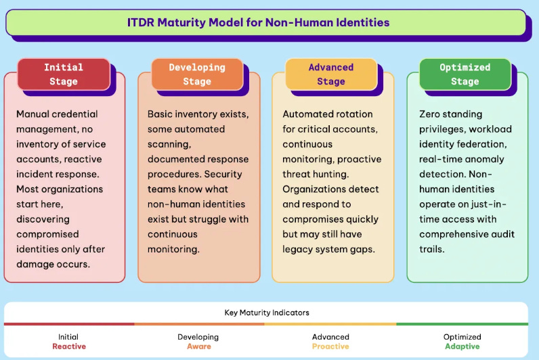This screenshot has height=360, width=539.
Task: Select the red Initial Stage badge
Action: tap(63, 74)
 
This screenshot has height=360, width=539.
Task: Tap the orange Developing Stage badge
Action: tap(196, 74)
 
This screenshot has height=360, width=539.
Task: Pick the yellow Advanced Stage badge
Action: tap(330, 74)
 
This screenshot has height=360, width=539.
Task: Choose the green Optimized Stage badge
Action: tap(465, 74)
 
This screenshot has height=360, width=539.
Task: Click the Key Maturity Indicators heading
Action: tap(266, 313)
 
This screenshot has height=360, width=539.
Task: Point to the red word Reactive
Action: tap(68, 346)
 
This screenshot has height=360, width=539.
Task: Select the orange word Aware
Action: tap(198, 346)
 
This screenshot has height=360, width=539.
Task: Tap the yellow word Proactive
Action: tap(330, 346)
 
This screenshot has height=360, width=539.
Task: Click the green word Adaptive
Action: tap(462, 346)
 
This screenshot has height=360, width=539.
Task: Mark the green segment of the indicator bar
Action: tap(462, 324)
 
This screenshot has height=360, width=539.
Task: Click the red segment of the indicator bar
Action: tap(69, 324)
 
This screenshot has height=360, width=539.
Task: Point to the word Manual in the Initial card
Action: tap(33, 114)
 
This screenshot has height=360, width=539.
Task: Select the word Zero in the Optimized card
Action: tap(431, 114)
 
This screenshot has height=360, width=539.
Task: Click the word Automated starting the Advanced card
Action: tap(308, 114)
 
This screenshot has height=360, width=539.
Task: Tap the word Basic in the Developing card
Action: tap(161, 114)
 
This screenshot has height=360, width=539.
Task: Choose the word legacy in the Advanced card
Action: tap(299, 248)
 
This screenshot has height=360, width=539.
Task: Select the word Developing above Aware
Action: tap(198, 336)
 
